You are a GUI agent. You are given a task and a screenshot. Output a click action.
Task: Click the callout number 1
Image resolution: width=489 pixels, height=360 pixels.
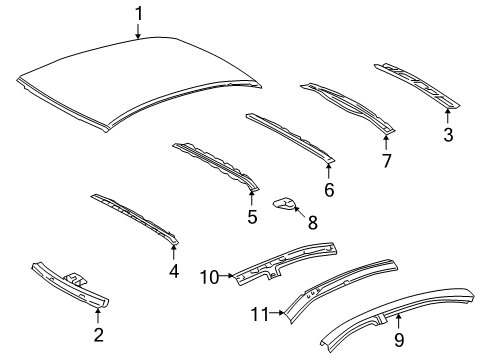[139, 13]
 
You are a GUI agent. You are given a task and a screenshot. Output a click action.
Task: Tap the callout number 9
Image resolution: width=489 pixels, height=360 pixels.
[399, 320]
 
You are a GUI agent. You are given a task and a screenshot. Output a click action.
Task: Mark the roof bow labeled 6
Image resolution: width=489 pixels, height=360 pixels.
[290, 138]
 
